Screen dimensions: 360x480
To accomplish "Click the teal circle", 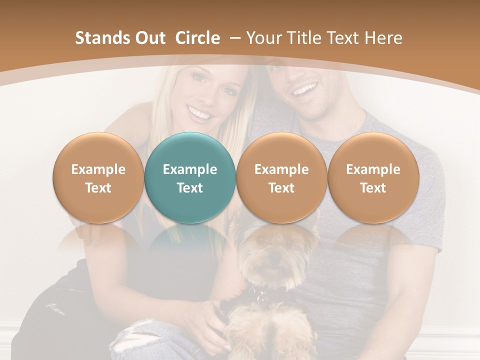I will point(190,177).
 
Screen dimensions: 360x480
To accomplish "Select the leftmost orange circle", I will point(98,177).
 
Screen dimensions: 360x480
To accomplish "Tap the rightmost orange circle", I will point(373,177).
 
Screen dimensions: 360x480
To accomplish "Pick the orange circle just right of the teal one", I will point(281,177).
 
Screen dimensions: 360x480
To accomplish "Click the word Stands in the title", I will point(102,38).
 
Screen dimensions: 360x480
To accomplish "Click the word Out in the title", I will point(150,38).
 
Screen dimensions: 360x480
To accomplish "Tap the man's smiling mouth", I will point(305,90).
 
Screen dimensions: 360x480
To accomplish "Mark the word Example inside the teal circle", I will point(190,169).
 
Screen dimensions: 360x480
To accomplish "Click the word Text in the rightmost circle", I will point(373,188).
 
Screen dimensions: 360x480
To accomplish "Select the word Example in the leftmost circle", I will point(98,169).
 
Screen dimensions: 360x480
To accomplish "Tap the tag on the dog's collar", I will point(260,298).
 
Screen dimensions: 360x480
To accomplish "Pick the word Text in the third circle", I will point(281,188).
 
